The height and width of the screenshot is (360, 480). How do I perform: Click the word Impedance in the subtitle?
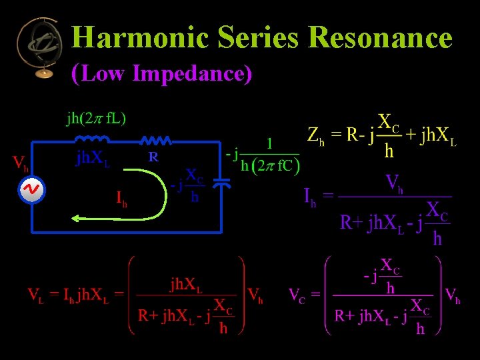[x=193, y=73]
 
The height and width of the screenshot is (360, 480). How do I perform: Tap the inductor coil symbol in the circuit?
[x=91, y=140]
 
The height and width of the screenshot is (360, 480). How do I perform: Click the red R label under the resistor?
[x=153, y=158]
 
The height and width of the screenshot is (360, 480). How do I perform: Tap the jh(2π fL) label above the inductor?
[x=97, y=118]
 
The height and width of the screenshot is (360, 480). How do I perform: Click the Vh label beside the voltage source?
[x=21, y=163]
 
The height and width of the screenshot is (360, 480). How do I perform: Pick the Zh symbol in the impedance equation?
[x=316, y=135]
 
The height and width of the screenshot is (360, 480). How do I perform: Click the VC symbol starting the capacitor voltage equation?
[x=300, y=293]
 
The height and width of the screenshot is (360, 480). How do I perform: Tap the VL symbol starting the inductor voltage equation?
[x=35, y=293]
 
